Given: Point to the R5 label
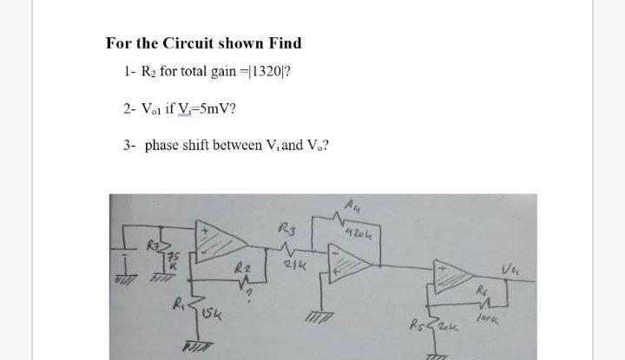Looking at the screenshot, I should click(439, 324).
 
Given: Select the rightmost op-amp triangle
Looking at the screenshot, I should click(459, 274).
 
